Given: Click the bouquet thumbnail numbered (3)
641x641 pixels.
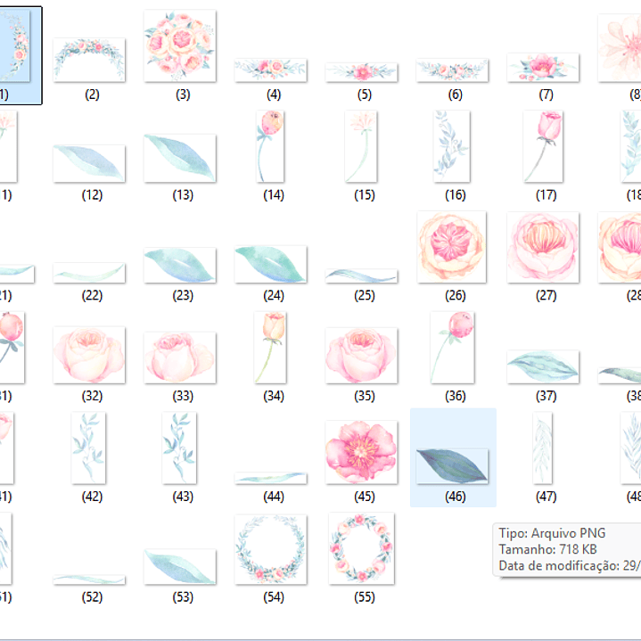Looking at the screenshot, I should pyautogui.click(x=180, y=46).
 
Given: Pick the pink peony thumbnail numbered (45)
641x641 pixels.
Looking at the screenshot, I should pyautogui.click(x=361, y=452).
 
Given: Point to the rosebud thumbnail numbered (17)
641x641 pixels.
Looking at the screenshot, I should pyautogui.click(x=543, y=146).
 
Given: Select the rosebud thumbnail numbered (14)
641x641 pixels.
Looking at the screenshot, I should pyautogui.click(x=270, y=146).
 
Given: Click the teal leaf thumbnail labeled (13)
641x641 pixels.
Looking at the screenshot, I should pyautogui.click(x=180, y=158).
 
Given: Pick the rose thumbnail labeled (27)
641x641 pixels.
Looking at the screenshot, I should pyautogui.click(x=543, y=248).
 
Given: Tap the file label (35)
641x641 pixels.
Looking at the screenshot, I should pyautogui.click(x=364, y=396).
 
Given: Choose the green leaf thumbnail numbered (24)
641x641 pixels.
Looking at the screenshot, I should pyautogui.click(x=270, y=265).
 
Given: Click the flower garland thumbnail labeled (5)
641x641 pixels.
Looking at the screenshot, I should pyautogui.click(x=361, y=71).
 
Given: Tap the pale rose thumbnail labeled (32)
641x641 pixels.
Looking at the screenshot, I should pyautogui.click(x=89, y=355).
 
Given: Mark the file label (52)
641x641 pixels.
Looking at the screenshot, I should pyautogui.click(x=92, y=597).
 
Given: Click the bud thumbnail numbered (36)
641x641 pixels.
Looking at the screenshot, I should pyautogui.click(x=453, y=344).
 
